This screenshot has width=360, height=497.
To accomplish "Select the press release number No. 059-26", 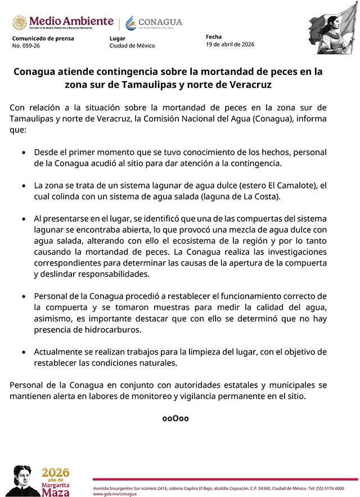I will [26, 46].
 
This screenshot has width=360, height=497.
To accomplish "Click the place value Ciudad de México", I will [132, 46].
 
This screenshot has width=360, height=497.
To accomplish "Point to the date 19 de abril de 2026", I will [230, 44].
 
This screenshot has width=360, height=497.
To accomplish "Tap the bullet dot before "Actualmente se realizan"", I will [23, 352].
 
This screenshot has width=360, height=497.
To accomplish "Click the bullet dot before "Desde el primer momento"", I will [23, 153].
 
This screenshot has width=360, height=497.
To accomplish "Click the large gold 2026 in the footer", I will [55, 472].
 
